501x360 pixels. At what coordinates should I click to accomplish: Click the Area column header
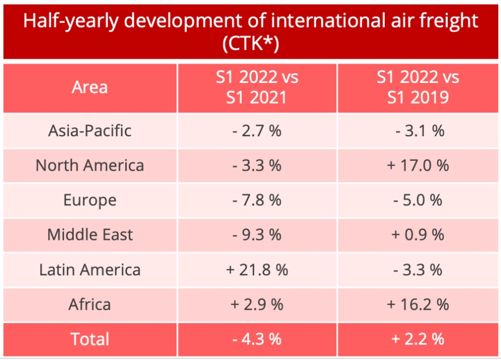click(x=89, y=87)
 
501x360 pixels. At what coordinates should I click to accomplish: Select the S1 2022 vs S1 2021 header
click(x=257, y=87)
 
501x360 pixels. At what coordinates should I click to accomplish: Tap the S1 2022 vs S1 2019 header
click(x=418, y=87)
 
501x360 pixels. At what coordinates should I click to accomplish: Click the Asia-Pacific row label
click(x=89, y=130)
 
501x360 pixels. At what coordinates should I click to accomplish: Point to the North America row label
click(x=89, y=165)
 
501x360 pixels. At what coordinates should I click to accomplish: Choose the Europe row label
click(x=89, y=200)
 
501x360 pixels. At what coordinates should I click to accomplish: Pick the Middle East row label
click(x=89, y=235)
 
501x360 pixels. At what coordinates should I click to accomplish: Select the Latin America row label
click(x=89, y=270)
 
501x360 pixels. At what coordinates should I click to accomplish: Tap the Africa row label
click(x=89, y=304)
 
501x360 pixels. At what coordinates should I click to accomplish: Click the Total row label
click(x=89, y=339)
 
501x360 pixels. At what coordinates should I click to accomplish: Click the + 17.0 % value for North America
click(x=418, y=165)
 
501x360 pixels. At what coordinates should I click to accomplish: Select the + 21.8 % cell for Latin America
click(x=257, y=270)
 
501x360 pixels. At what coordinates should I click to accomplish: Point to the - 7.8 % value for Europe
click(x=257, y=200)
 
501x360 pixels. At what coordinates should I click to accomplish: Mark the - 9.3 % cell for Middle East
click(x=257, y=235)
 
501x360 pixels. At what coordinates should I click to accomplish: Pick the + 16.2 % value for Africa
click(x=418, y=304)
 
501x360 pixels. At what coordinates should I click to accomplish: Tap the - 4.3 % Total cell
click(x=257, y=339)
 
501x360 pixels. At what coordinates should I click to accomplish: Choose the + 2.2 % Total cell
click(x=418, y=339)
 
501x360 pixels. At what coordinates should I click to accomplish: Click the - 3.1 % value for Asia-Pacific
click(x=418, y=130)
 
